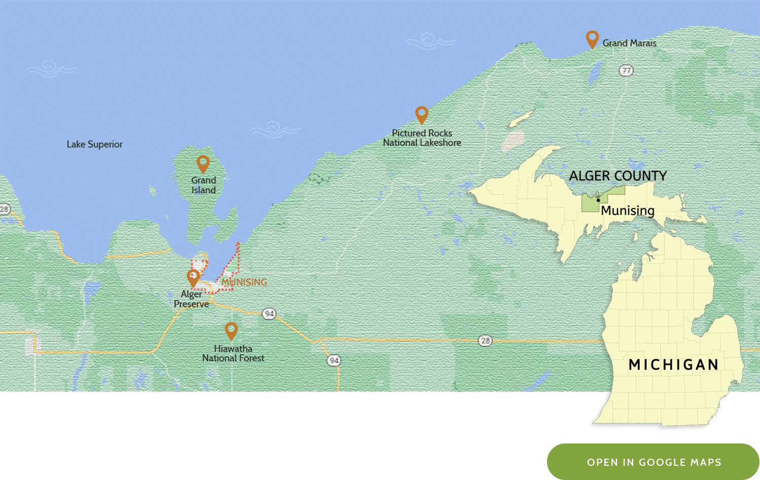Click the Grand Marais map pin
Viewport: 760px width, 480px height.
coord(592,38)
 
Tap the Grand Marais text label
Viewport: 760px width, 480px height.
coord(629,43)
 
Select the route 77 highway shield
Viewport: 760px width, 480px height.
coord(626,71)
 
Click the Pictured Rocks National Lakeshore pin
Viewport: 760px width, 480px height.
coord(421,114)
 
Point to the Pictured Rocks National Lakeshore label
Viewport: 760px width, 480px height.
coord(422,138)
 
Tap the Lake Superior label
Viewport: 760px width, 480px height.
coord(94,144)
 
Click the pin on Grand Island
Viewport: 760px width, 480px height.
coord(203,163)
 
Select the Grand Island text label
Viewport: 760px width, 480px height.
coord(203,185)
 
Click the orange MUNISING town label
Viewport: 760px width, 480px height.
coord(244,282)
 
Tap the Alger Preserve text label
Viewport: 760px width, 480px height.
coord(191,299)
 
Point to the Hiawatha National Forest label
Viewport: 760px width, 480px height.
coord(233,353)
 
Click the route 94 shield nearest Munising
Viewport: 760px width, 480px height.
coord(269,314)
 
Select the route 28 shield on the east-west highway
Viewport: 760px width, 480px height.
coord(485,340)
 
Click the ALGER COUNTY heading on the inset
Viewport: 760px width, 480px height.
coord(618,176)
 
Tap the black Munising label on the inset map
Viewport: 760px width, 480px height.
coord(628,210)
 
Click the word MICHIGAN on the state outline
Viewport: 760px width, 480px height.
coord(673,365)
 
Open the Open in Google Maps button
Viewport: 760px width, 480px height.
coord(653,462)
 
